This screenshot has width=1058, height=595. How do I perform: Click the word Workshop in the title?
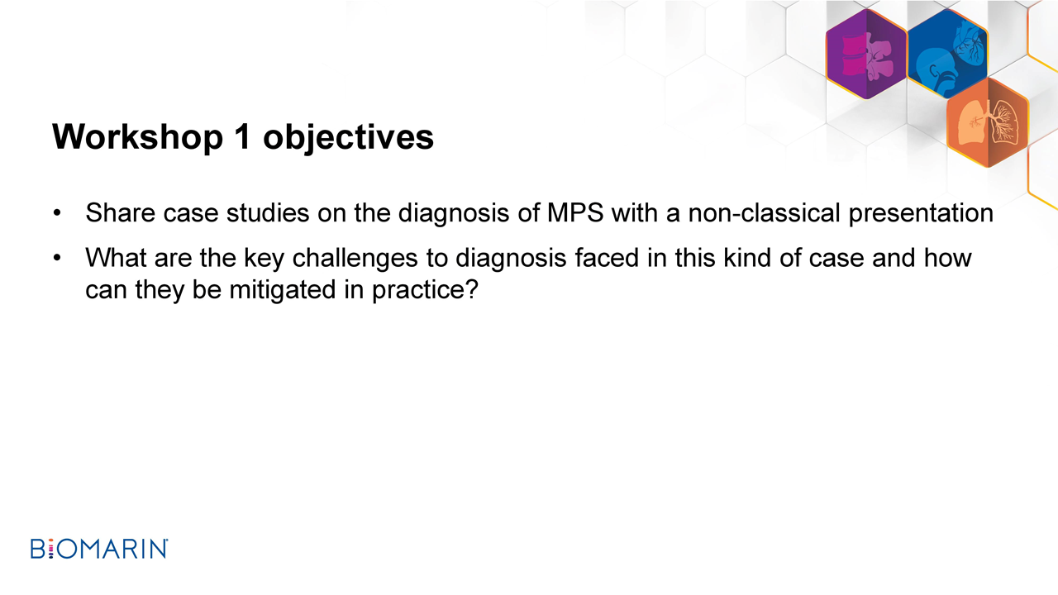(137, 137)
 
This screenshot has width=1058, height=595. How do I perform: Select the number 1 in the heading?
(243, 136)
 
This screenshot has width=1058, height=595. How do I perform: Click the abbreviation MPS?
(575, 213)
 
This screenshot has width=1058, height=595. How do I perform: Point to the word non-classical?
(765, 213)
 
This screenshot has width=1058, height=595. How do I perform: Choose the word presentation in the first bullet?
(921, 214)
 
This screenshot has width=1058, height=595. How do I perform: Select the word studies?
(268, 213)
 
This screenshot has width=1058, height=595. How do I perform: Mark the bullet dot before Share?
(57, 213)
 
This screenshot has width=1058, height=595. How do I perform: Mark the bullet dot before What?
(57, 259)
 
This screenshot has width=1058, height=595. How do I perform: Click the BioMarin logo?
(99, 549)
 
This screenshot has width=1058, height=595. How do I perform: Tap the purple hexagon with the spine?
(866, 55)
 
